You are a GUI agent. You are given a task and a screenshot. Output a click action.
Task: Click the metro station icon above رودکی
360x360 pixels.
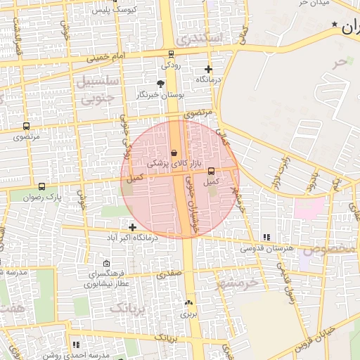point(172,54)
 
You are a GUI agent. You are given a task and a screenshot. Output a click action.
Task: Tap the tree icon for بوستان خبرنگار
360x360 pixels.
point(161,84)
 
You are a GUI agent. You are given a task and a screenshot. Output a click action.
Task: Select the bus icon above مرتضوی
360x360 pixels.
point(27,127)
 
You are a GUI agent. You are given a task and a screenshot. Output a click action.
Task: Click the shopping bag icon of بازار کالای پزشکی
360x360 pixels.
point(174,153)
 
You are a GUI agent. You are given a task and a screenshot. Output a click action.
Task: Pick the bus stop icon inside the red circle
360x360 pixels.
point(212,171)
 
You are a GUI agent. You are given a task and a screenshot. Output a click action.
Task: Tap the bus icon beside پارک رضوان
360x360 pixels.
point(43,187)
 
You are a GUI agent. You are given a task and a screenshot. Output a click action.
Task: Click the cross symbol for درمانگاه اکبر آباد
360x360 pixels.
point(133,226)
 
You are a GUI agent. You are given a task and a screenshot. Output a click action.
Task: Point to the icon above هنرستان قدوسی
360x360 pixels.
point(266,238)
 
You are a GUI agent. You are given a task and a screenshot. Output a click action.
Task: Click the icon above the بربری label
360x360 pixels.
point(188,303)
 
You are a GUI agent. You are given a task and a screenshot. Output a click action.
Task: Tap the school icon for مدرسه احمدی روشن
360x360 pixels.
point(75,345)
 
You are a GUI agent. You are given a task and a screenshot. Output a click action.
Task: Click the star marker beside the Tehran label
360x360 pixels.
point(334,25)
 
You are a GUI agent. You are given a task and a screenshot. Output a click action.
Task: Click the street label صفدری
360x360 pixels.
point(170,272)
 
